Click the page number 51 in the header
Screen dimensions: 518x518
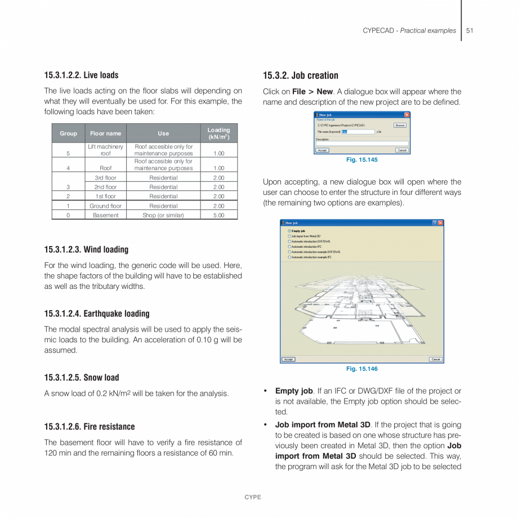[470, 30]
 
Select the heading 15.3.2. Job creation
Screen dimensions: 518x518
[301, 75]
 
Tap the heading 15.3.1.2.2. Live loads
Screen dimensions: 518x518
[81, 75]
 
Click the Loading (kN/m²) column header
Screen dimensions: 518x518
[218, 133]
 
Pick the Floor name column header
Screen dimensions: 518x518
[105, 133]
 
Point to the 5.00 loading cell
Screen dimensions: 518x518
[218, 215]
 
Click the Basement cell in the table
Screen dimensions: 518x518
[105, 215]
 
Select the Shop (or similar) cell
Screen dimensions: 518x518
[163, 215]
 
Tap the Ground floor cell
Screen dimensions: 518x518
[105, 206]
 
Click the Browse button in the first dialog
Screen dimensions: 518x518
[400, 126]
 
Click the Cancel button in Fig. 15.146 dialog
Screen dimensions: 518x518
[436, 359]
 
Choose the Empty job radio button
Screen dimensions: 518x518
[289, 231]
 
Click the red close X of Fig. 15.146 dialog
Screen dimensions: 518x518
[440, 223]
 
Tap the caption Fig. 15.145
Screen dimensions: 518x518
[361, 160]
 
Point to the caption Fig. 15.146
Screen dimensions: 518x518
[361, 369]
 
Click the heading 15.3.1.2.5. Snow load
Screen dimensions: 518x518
[82, 377]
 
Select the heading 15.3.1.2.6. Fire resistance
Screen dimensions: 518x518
[90, 427]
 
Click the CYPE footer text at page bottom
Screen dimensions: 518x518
[252, 497]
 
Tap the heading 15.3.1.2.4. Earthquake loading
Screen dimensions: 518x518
[97, 314]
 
